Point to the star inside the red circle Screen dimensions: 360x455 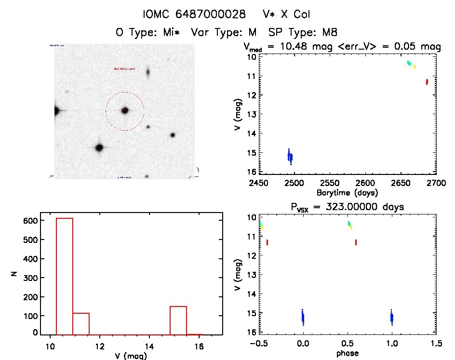(x=125, y=110)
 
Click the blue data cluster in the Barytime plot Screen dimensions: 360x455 (x=290, y=157)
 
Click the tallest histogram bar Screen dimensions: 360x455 (x=65, y=276)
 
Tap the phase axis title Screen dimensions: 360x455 (x=347, y=353)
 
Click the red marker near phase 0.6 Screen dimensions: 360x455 (x=356, y=242)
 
